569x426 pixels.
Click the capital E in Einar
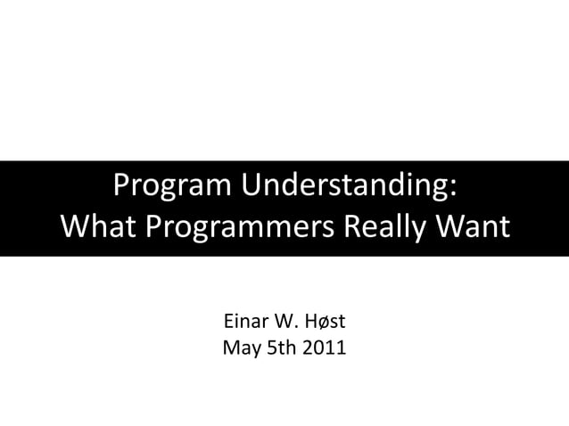[227, 321]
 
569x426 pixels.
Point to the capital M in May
[231, 347]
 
